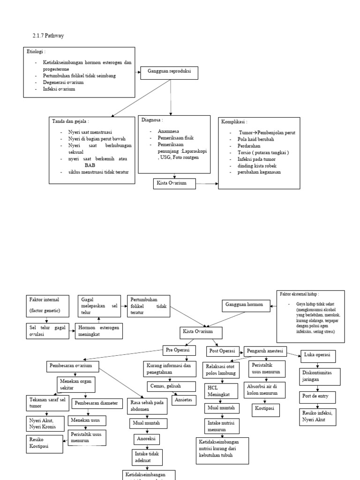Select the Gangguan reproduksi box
170,72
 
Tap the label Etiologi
37,51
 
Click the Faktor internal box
46,305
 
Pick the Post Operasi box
222,351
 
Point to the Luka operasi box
317,355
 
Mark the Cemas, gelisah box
164,386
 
